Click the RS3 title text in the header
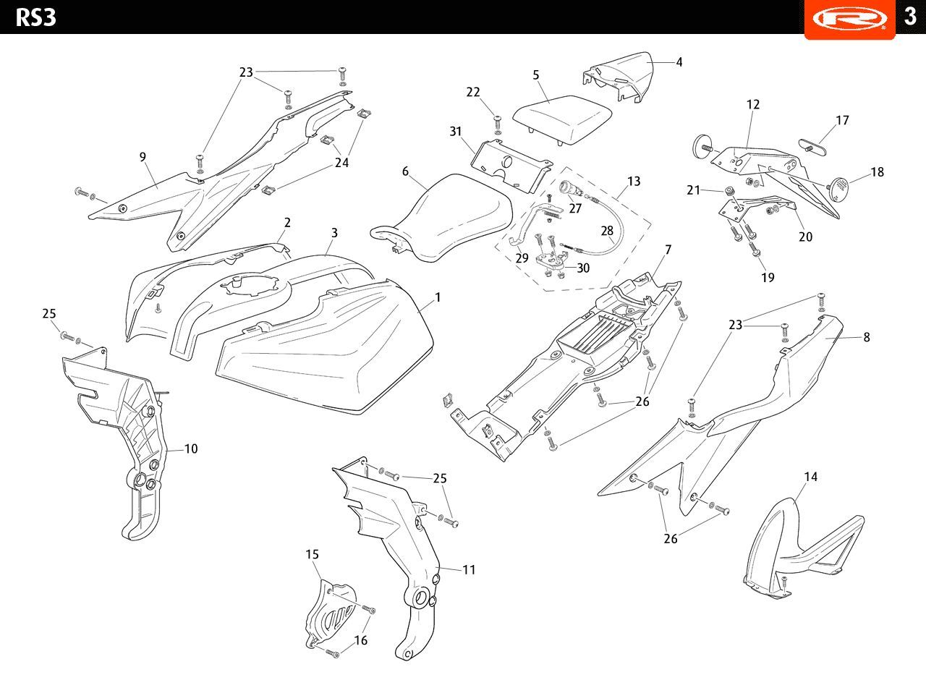coord(35,18)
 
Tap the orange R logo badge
coord(849,19)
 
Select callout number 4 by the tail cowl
coord(679,62)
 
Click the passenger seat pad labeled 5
coord(563,120)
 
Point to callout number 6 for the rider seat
coord(405,171)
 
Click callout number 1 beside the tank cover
coord(438,297)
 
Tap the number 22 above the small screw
coord(473,92)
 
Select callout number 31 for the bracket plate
coord(455,132)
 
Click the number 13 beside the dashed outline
coord(634,181)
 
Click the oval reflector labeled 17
coord(812,147)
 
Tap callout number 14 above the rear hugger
coord(811,477)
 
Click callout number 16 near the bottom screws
coord(361,640)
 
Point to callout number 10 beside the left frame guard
coord(191,449)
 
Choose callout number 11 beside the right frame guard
coord(469,569)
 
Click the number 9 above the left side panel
coord(143,157)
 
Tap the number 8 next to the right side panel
coord(867,337)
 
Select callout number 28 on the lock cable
coord(607,231)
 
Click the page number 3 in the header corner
coord(910,17)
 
